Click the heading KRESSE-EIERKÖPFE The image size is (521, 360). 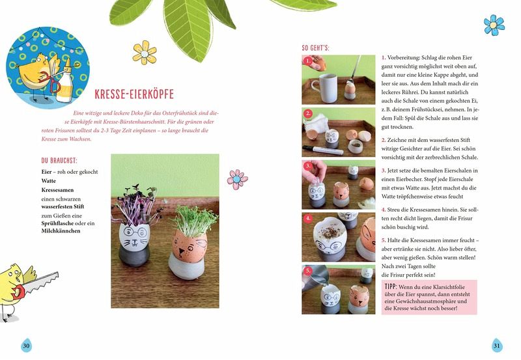coord(134,94)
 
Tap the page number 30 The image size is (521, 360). coord(26,346)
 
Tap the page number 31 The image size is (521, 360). coord(496,346)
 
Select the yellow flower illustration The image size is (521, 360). coord(145,53)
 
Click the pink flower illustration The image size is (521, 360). coord(237,179)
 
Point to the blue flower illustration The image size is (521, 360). coord(494,25)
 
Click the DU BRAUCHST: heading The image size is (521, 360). coord(59,161)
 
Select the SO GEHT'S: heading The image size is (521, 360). coord(315,48)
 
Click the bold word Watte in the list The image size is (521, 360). coord(48,181)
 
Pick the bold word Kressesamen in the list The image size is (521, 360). coord(57,190)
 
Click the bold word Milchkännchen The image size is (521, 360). coord(61,231)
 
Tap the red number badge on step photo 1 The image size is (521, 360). coord(308,61)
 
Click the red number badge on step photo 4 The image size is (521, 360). coord(308,219)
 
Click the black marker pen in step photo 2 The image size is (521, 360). coord(323,150)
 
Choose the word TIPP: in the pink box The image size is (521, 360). coord(391,286)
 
